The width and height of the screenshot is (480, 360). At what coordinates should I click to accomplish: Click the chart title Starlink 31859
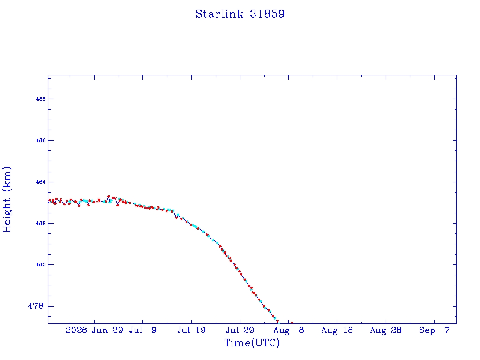click(x=240, y=14)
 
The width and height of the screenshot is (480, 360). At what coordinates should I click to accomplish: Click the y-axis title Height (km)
click(x=7, y=199)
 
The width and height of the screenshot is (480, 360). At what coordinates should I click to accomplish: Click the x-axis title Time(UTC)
click(x=252, y=343)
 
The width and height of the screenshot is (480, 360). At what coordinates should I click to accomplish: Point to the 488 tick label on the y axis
click(x=41, y=99)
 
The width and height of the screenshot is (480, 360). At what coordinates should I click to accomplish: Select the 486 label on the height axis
click(x=41, y=140)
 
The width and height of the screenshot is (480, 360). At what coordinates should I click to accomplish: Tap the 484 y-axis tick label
click(x=41, y=182)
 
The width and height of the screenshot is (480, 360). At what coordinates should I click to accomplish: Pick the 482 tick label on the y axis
click(x=41, y=223)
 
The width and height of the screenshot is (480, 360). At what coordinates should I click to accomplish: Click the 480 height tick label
click(x=41, y=264)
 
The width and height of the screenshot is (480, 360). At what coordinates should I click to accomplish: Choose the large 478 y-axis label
click(x=36, y=306)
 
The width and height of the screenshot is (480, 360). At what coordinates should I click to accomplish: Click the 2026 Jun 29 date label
click(x=94, y=330)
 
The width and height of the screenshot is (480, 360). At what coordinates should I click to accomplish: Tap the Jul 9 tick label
click(x=142, y=330)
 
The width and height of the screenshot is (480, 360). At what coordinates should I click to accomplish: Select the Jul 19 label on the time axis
click(x=191, y=330)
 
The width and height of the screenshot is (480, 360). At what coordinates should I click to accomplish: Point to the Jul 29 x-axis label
click(x=240, y=330)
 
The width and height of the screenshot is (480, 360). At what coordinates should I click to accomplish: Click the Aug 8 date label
click(x=289, y=330)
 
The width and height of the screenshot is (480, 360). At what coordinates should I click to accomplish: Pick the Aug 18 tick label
click(x=337, y=330)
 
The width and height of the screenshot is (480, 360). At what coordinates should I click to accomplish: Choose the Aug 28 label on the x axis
click(x=386, y=330)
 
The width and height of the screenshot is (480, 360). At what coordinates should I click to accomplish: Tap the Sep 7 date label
click(x=434, y=330)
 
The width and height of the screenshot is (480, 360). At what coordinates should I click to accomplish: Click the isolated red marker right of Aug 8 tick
click(x=292, y=322)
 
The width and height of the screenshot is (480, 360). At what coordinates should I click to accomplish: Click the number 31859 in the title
click(x=267, y=14)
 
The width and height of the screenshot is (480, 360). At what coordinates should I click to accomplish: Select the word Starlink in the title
click(x=219, y=14)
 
